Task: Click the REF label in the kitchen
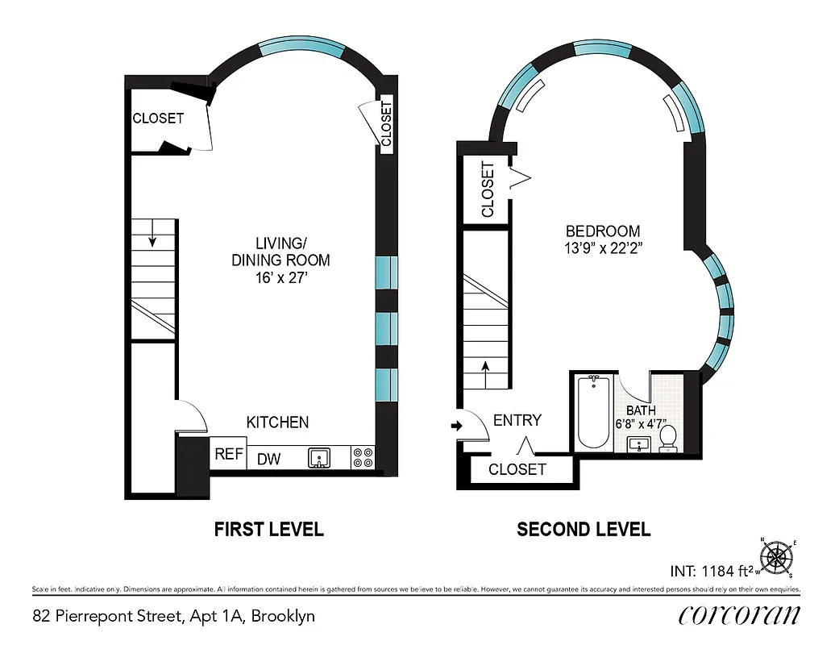pos(229,455)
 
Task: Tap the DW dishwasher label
pos(268,459)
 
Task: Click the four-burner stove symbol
pos(363,458)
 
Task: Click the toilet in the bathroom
pos(667,439)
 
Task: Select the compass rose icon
pos(778,556)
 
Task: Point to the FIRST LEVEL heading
pos(268,530)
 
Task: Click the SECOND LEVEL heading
pos(584,530)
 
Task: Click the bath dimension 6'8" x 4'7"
pos(641,422)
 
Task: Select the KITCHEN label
pos(277,422)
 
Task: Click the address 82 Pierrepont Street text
pos(174,617)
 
